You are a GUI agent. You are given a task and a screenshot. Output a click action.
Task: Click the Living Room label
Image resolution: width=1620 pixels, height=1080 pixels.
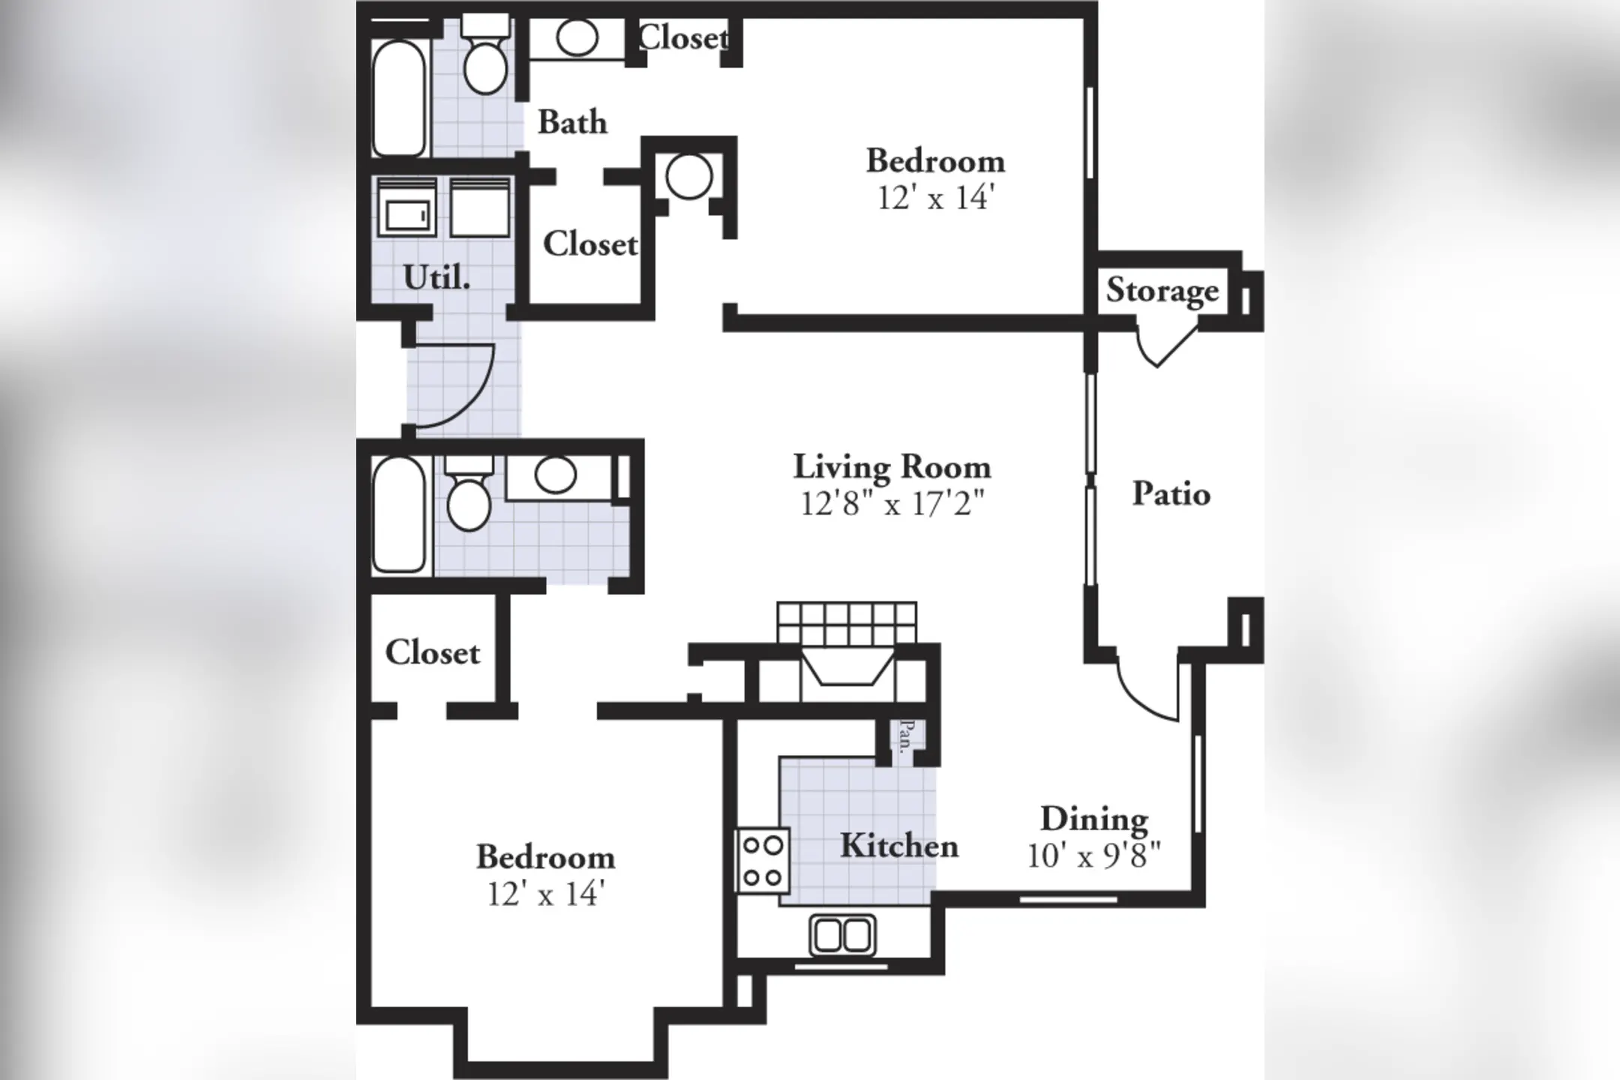click(892, 467)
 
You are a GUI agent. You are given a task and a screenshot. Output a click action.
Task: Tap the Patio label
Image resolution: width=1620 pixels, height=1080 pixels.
click(1171, 494)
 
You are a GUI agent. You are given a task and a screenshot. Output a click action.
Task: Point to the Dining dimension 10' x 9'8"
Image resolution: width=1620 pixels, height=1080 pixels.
click(1093, 856)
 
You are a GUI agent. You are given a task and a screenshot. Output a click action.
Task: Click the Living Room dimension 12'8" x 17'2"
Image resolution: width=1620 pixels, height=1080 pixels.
click(892, 504)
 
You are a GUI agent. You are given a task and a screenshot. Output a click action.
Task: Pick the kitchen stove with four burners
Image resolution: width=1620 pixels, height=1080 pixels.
click(763, 861)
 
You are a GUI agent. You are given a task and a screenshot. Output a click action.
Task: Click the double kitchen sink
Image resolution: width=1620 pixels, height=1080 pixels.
click(842, 935)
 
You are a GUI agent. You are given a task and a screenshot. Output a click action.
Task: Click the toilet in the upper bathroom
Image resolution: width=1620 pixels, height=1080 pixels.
click(485, 64)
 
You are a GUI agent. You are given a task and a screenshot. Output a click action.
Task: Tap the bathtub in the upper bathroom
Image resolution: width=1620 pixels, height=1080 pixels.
click(399, 97)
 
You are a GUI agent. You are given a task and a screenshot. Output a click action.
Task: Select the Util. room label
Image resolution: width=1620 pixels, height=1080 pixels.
click(436, 278)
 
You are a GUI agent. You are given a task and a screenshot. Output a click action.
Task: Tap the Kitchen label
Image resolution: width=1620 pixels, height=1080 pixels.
click(898, 846)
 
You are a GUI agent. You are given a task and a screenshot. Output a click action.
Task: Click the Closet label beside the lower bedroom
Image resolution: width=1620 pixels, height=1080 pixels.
click(432, 653)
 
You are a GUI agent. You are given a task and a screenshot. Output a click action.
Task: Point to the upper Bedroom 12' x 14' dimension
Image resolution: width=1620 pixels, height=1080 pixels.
click(935, 198)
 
